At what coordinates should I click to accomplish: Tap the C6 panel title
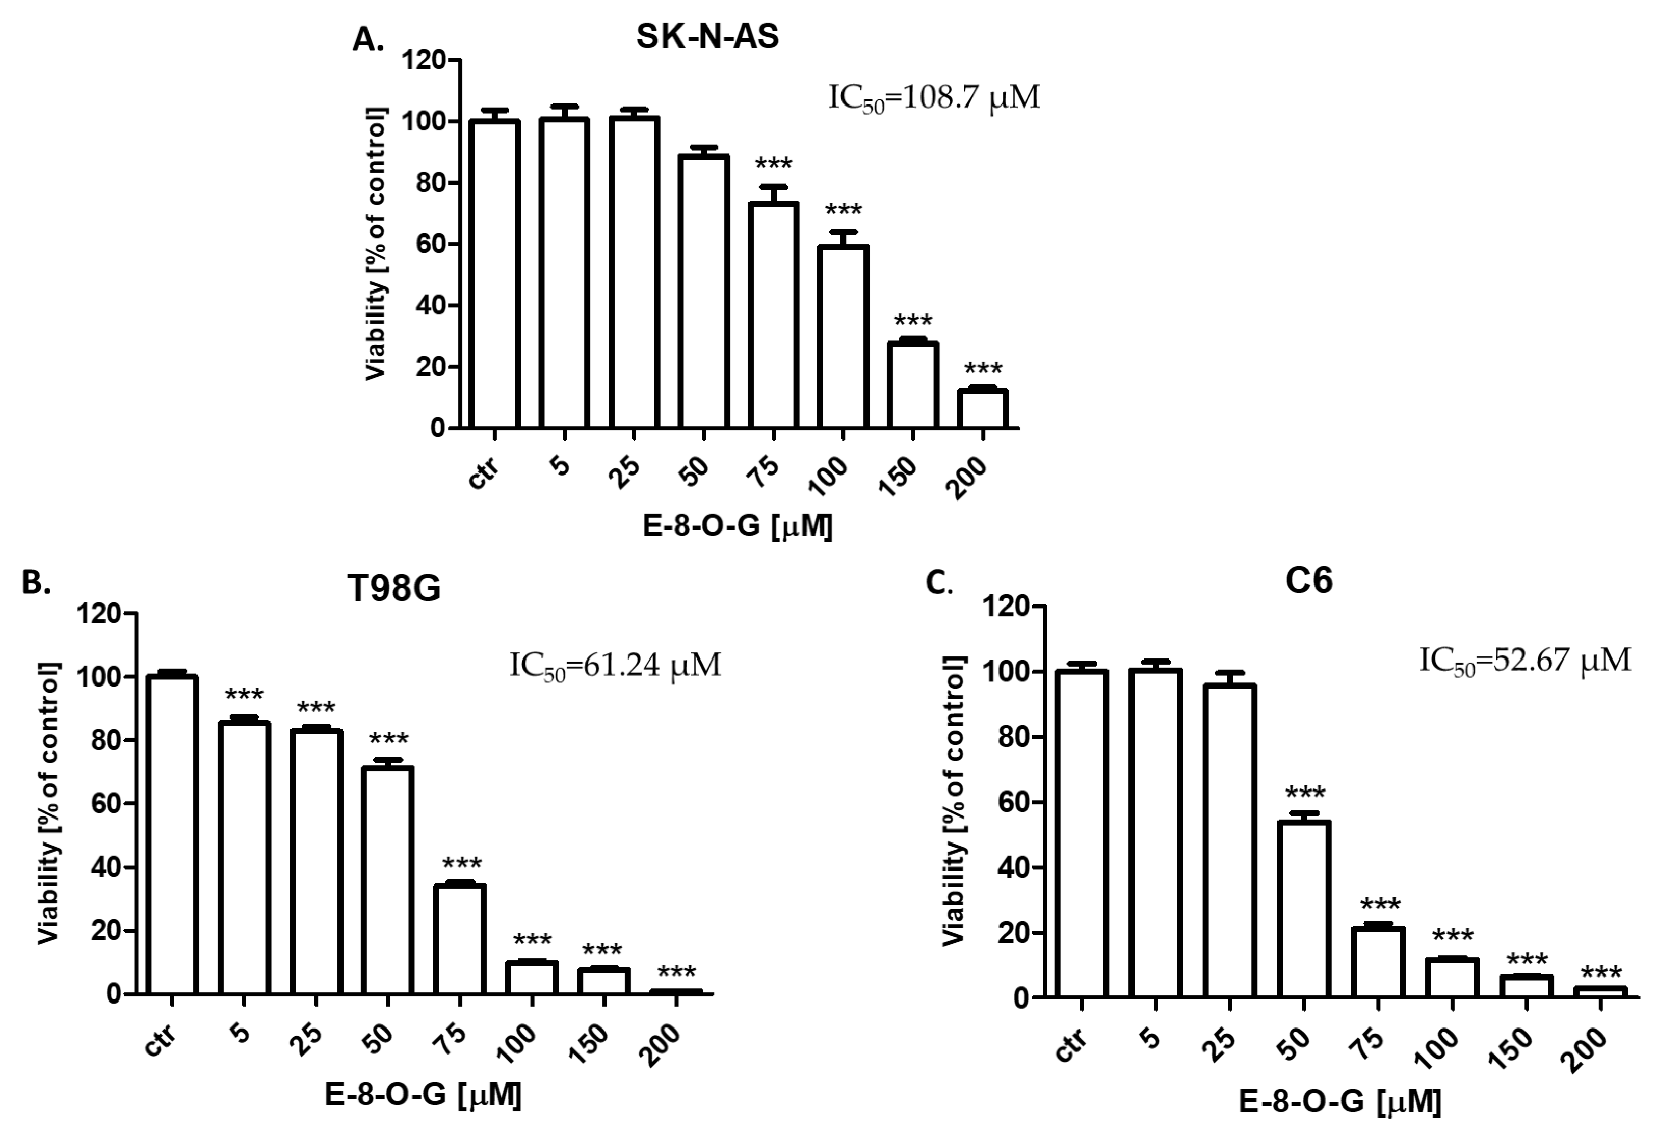(1309, 581)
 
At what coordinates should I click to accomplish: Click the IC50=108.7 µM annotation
(934, 98)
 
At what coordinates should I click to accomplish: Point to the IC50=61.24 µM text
(615, 665)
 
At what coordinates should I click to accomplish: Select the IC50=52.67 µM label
(1525, 660)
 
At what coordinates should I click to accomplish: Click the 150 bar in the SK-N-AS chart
(913, 385)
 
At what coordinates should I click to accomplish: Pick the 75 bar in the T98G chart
(460, 939)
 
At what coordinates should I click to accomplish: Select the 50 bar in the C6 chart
(1304, 909)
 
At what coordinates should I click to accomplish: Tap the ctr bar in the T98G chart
(171, 834)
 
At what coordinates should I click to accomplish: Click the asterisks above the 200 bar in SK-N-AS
(983, 370)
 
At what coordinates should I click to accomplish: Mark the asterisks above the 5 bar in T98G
(244, 695)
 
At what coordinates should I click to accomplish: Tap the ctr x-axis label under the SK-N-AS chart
(485, 473)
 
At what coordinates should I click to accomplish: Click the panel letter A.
(368, 41)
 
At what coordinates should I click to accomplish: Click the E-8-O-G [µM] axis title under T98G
(423, 1094)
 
